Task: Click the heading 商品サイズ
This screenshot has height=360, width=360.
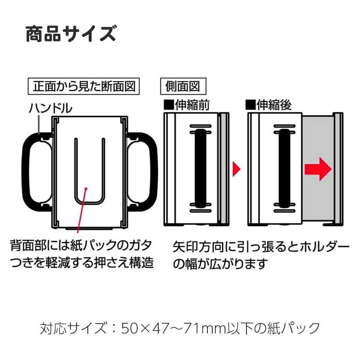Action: pos(71,34)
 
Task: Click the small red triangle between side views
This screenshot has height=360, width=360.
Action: pos(236,169)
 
